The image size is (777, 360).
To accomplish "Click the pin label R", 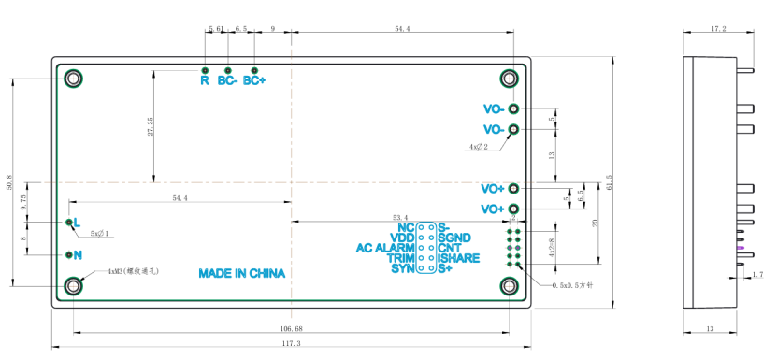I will (x=204, y=80).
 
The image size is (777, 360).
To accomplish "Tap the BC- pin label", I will (x=227, y=80).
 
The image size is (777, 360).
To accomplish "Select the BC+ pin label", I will (x=254, y=80).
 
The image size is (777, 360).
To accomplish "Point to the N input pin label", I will (x=78, y=254).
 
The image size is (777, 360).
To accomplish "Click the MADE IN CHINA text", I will (x=241, y=274).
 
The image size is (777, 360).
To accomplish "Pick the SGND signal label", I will (x=453, y=238).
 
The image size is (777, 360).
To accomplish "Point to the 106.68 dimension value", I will (x=291, y=328).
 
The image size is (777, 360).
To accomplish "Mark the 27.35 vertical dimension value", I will (x=151, y=125).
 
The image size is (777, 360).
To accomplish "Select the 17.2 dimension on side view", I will (x=718, y=29).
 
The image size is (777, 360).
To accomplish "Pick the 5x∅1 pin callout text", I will (x=100, y=233).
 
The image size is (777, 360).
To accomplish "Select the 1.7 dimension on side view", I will (x=756, y=274).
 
